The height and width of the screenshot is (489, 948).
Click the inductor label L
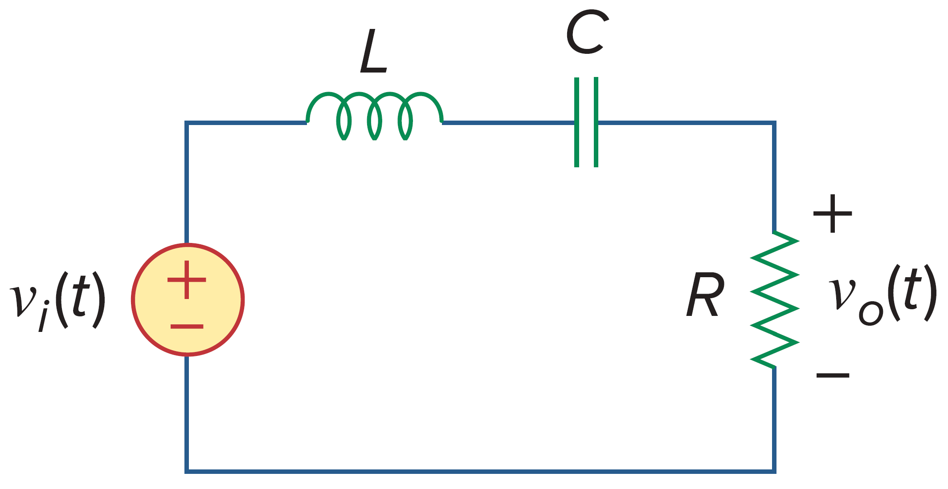(373, 52)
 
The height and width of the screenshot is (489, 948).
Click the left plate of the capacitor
(576, 122)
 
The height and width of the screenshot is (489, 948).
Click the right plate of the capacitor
(596, 122)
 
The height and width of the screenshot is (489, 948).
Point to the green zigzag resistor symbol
(775, 299)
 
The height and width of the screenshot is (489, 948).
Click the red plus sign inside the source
(187, 280)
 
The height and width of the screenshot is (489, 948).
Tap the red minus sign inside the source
(187, 327)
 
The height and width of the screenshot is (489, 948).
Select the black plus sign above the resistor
(832, 214)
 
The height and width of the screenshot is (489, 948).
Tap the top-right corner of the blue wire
(774, 123)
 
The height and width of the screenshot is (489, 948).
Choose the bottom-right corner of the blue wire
(774, 471)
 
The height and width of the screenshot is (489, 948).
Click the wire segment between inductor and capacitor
(508, 122)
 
